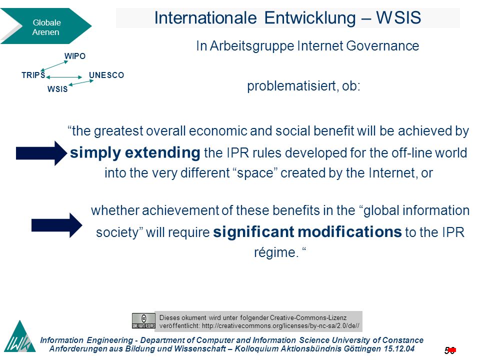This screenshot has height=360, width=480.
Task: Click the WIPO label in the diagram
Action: [x=74, y=56]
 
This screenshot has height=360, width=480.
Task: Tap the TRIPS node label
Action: [x=33, y=75]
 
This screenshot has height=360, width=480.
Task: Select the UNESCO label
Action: [x=106, y=75]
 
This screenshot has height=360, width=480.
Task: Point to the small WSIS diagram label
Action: [x=57, y=89]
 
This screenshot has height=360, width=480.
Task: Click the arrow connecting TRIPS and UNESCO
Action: [x=64, y=77]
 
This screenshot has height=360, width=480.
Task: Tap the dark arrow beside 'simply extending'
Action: [x=41, y=153]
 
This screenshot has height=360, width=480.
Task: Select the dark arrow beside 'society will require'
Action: [x=57, y=225]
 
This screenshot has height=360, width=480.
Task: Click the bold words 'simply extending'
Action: [x=135, y=152]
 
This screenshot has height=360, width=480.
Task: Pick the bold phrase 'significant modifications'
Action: [x=307, y=231]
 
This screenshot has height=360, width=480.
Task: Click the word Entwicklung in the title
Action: [x=310, y=18]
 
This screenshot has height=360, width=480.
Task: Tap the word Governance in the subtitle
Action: [x=382, y=46]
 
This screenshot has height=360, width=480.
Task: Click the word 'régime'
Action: [x=274, y=252]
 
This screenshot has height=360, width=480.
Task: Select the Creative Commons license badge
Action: [x=143, y=321]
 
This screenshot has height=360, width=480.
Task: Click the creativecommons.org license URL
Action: [x=280, y=325]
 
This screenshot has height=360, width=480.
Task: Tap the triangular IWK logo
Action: [x=20, y=336]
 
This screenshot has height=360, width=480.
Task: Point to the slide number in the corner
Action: [x=450, y=350]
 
